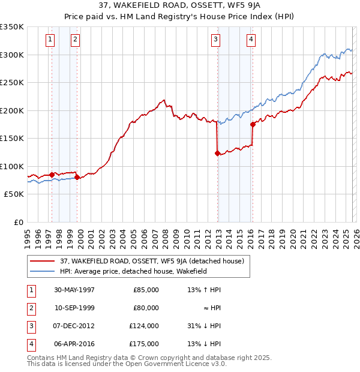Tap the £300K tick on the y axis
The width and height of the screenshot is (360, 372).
click(12, 55)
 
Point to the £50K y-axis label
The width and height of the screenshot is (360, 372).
click(14, 194)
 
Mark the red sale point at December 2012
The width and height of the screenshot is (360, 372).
click(217, 153)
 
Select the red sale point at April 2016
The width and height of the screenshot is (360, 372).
click(253, 125)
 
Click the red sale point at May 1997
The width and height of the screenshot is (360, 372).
click(52, 175)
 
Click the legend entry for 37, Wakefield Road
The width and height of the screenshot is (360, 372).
click(151, 261)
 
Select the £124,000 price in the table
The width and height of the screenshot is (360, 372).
click(146, 326)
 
